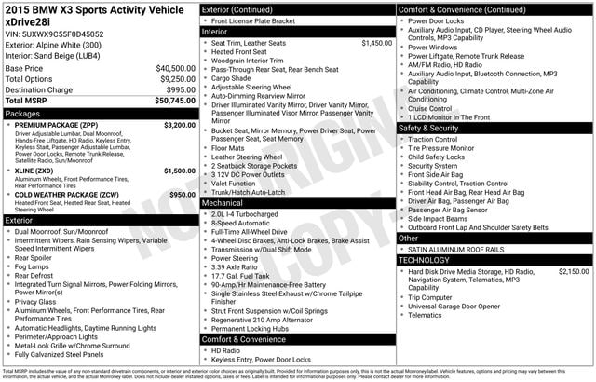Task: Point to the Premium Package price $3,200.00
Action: click(x=179, y=124)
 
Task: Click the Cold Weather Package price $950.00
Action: click(x=182, y=194)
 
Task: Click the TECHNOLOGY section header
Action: click(x=424, y=260)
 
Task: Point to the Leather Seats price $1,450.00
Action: click(x=376, y=43)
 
